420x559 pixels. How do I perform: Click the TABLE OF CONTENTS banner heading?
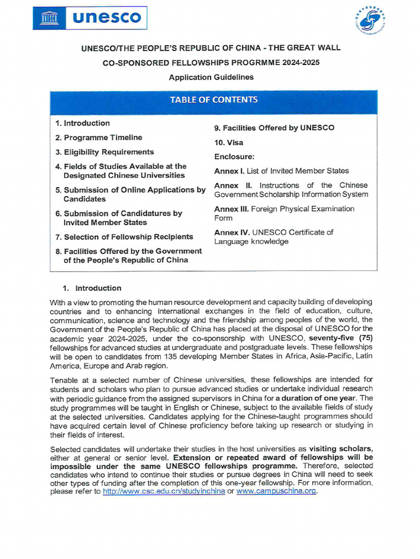213,100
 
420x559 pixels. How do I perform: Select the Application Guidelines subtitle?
211,77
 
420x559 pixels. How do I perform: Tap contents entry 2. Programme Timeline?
98,138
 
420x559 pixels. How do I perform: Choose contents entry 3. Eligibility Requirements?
104,152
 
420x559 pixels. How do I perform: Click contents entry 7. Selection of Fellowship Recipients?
124,237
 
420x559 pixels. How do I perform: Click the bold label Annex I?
229,171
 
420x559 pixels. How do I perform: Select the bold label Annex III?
232,209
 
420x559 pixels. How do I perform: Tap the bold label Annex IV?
232,233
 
